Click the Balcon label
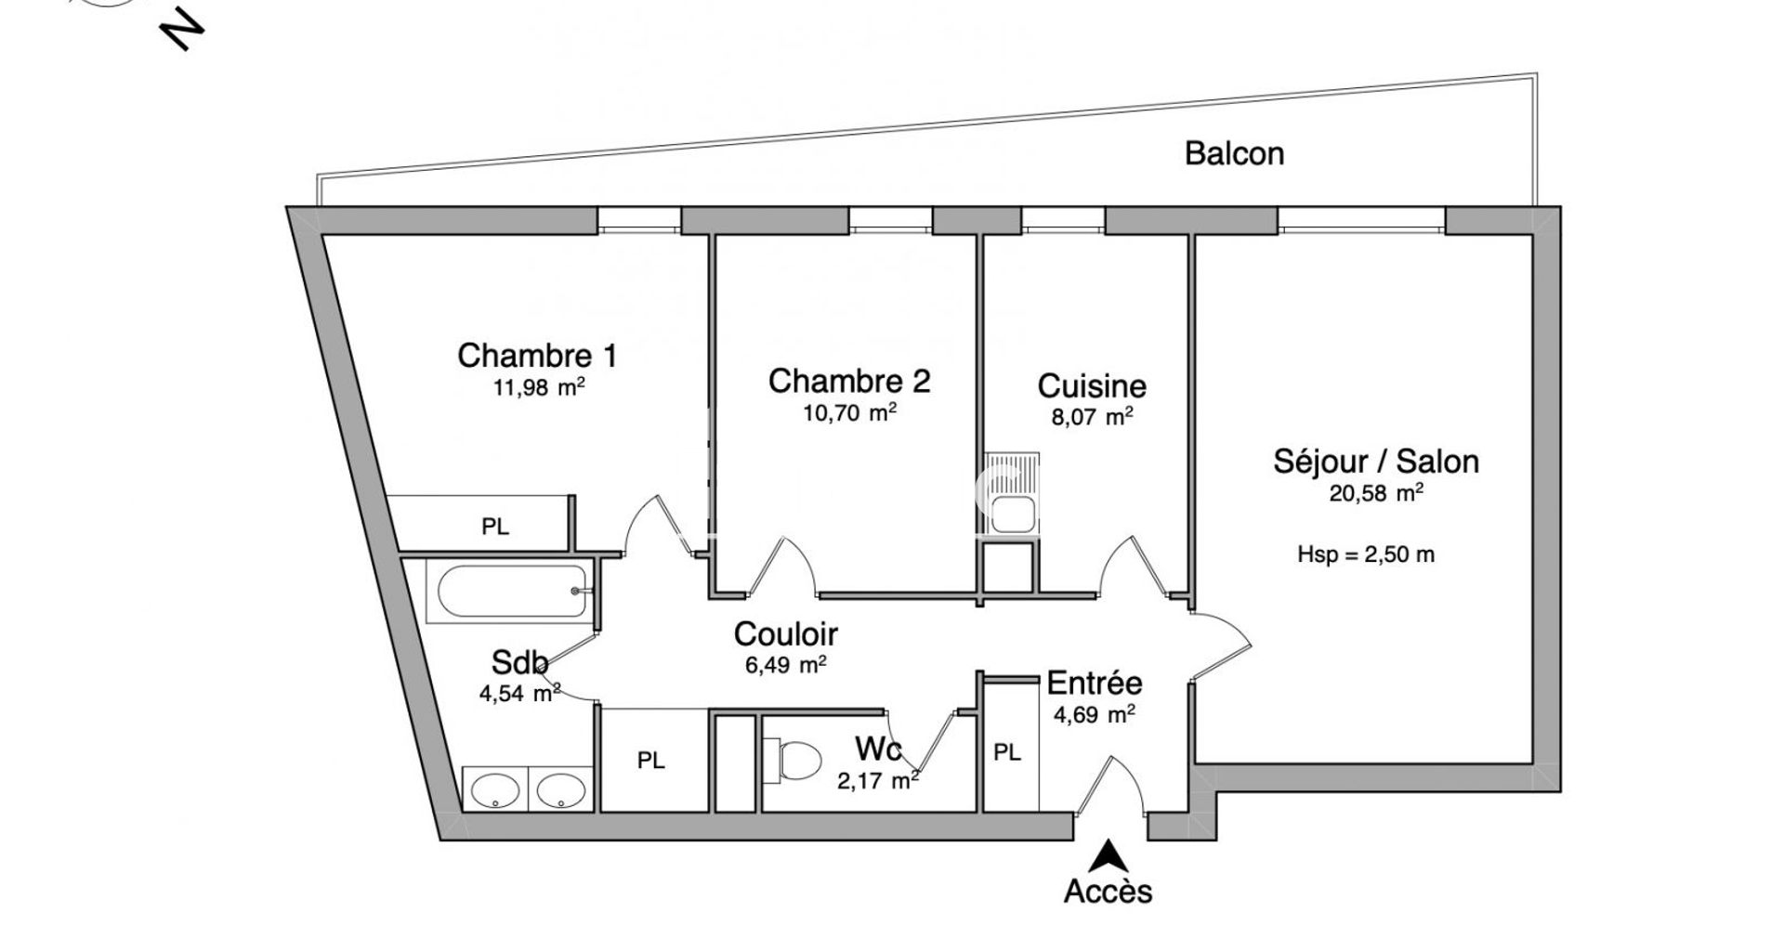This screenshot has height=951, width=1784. coord(1234,153)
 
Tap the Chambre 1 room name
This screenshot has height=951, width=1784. coord(537,355)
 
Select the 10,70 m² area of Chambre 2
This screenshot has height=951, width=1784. coord(849,412)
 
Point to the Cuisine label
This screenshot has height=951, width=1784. coord(1092,385)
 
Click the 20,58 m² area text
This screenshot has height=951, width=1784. coord(1376,492)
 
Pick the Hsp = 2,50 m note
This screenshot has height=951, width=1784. coord(1366,555)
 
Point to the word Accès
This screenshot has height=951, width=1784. coord(1108,892)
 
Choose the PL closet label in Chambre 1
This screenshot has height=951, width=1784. coord(495,528)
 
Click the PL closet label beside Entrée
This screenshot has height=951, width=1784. coord(1007,752)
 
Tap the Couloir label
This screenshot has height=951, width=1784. coord(785,634)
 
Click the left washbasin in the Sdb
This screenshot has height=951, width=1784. coord(495,790)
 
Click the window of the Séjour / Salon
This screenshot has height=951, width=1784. coord(1361,220)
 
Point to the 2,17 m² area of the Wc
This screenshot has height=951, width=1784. coord(878,781)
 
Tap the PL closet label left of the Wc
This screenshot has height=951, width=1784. coord(650,762)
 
